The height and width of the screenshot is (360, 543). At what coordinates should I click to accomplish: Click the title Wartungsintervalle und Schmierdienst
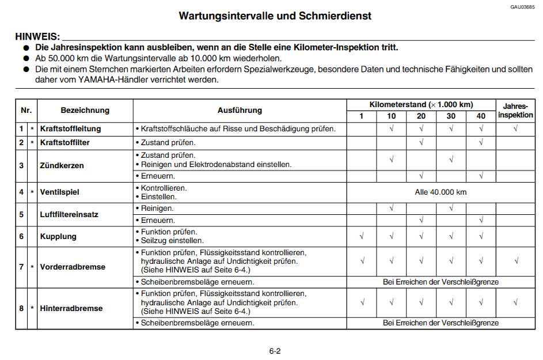[x=275, y=16]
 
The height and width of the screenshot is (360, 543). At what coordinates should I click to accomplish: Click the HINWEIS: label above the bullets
[x=37, y=37]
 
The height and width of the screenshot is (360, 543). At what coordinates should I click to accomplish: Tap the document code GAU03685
[x=522, y=7]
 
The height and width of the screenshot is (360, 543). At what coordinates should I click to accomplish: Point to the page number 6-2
[x=275, y=351]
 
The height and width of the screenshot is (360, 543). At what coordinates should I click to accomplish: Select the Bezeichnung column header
[x=85, y=110]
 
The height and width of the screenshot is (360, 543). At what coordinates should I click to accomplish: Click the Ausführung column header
[x=240, y=110]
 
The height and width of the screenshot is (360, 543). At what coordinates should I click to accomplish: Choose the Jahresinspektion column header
[x=515, y=111]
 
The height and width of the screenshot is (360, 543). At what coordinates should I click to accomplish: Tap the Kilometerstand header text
[x=421, y=104]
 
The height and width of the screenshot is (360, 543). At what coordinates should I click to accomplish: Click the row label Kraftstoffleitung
[x=70, y=128]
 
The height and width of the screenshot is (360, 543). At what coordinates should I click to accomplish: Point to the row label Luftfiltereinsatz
[x=69, y=214]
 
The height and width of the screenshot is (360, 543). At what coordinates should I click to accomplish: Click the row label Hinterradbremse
[x=71, y=308]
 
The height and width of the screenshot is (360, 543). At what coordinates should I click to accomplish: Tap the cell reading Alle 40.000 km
[x=441, y=192]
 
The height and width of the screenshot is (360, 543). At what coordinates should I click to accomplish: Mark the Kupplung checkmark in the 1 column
[x=362, y=236]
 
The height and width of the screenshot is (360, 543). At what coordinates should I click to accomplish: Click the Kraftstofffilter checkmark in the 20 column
[x=422, y=142]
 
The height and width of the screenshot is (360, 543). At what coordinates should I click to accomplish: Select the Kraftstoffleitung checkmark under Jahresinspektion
[x=515, y=128]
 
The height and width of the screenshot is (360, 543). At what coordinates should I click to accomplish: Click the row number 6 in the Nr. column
[x=21, y=236]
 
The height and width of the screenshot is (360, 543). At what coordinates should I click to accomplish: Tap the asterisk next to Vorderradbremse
[x=32, y=267]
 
